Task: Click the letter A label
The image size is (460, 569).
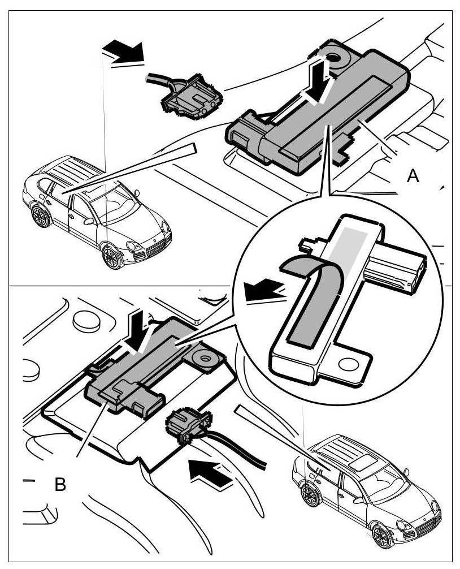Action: [413, 176]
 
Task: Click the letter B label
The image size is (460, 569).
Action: [60, 485]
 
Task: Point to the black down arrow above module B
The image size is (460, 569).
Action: [137, 330]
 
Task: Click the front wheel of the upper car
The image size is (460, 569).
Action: [112, 256]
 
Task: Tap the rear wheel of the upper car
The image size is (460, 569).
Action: [40, 216]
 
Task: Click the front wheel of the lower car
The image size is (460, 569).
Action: [383, 535]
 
